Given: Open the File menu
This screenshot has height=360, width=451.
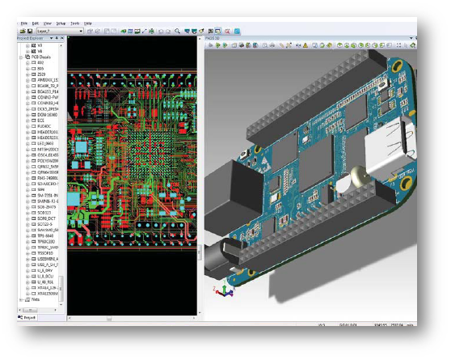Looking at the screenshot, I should [23, 23].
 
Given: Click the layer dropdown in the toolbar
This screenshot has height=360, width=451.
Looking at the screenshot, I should [57, 31].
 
